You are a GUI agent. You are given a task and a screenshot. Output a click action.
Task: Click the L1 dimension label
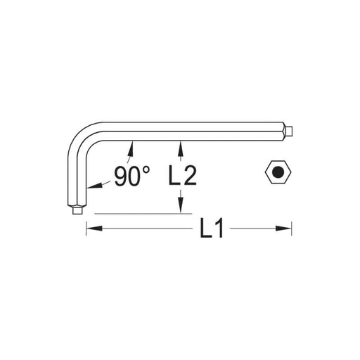click(x=212, y=228)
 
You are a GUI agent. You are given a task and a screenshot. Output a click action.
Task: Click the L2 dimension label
click(x=183, y=176)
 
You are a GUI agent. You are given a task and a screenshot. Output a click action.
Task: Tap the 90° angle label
click(x=131, y=176)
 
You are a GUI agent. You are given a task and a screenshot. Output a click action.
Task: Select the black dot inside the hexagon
click(x=278, y=172)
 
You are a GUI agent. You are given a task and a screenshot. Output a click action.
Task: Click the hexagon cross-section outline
click(x=278, y=161)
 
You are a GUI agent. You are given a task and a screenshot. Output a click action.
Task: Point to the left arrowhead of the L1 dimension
click(x=94, y=228)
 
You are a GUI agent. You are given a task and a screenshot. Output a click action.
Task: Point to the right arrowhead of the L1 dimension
click(x=283, y=228)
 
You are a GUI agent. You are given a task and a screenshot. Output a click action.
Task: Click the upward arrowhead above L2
click(x=180, y=148)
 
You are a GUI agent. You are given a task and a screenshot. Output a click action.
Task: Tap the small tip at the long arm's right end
click(x=290, y=131)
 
